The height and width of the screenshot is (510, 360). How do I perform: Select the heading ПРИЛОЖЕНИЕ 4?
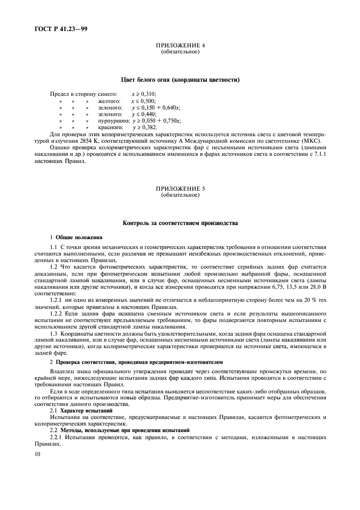180,46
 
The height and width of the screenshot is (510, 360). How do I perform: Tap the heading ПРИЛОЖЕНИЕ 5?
180,189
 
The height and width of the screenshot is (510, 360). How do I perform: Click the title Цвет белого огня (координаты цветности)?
180,80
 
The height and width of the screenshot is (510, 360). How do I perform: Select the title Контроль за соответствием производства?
180,223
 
